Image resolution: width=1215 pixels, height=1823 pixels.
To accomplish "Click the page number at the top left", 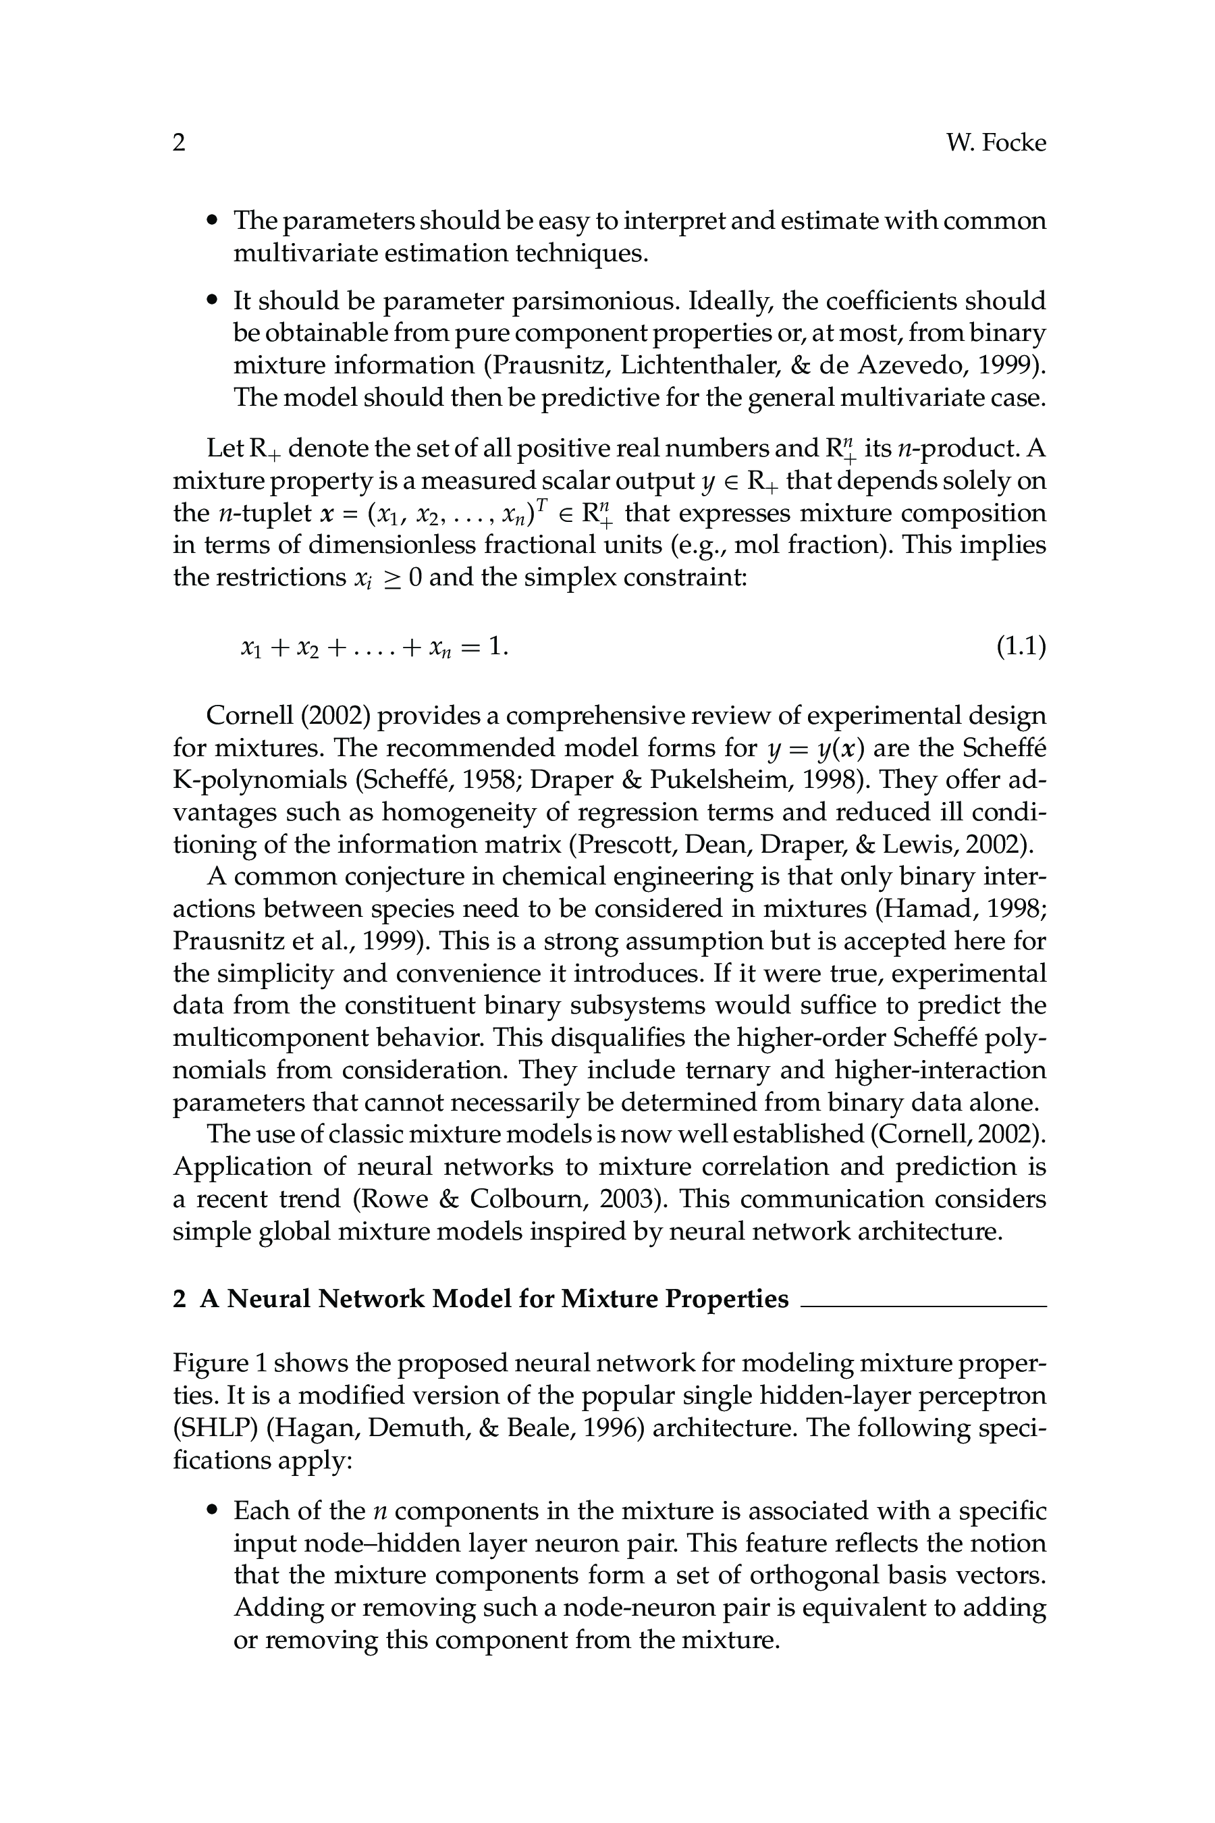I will tap(179, 142).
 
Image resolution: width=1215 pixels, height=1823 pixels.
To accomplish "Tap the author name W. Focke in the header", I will tap(996, 142).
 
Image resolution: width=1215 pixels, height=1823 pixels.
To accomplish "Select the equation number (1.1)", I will tap(1021, 645).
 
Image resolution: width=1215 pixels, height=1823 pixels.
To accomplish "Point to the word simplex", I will tap(570, 577).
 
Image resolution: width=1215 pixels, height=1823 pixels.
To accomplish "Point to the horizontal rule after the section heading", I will tap(923, 1306).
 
